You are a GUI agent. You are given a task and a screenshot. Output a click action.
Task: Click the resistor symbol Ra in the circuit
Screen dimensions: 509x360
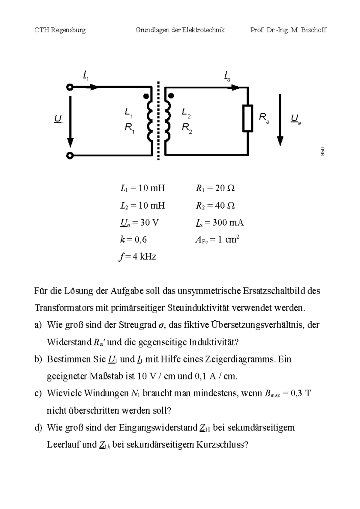pos(248,118)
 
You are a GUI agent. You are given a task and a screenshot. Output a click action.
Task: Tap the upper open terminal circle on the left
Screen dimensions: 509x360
pos(70,88)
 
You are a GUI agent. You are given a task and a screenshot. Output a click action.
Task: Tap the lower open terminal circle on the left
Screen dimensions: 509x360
pos(70,156)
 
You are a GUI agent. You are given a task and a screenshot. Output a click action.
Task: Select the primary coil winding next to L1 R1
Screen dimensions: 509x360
pos(150,121)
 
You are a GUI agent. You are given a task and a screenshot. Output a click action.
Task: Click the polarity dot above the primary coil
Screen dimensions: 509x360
pos(146,96)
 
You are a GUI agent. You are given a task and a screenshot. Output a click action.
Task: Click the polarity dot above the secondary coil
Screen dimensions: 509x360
pos(171,96)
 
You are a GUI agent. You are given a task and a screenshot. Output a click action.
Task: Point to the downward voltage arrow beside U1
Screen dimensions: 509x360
pos(70,121)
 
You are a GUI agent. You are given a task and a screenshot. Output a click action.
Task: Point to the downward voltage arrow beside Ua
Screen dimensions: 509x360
pos(280,120)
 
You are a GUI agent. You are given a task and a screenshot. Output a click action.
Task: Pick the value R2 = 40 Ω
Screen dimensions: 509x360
pos(215,206)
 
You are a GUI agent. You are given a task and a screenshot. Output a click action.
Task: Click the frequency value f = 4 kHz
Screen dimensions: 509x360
pos(137,257)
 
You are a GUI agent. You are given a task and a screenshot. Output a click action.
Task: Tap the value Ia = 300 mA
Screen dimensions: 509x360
pos(220,223)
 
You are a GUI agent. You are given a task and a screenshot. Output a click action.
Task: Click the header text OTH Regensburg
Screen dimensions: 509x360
pos(60,30)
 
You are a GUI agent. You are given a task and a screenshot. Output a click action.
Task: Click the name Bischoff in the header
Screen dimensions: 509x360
pos(313,30)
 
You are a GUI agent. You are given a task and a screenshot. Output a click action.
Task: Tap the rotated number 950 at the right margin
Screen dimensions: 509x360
pos(322,152)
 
